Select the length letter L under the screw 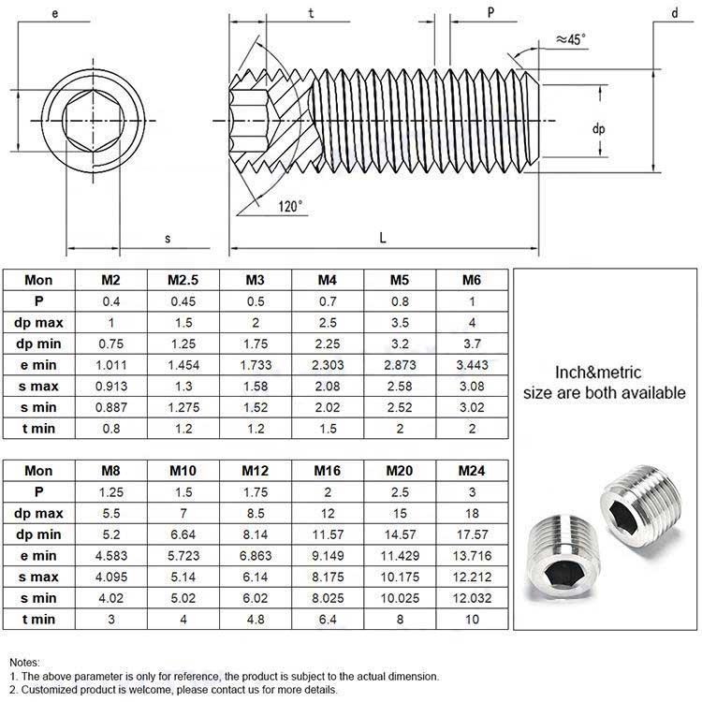tap(383, 239)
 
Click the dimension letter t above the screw tap(310, 13)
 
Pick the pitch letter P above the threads tap(490, 13)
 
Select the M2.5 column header tap(183, 280)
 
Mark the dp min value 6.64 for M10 tap(183, 534)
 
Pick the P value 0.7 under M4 tap(328, 301)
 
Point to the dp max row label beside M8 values tap(38, 512)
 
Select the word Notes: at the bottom tap(26, 662)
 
